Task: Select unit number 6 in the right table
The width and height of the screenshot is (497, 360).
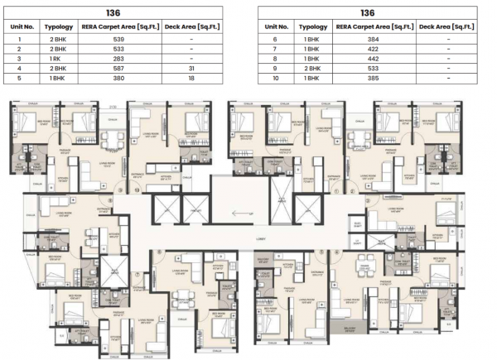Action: coord(274,40)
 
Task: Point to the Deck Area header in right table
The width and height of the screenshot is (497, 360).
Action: coord(446,26)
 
